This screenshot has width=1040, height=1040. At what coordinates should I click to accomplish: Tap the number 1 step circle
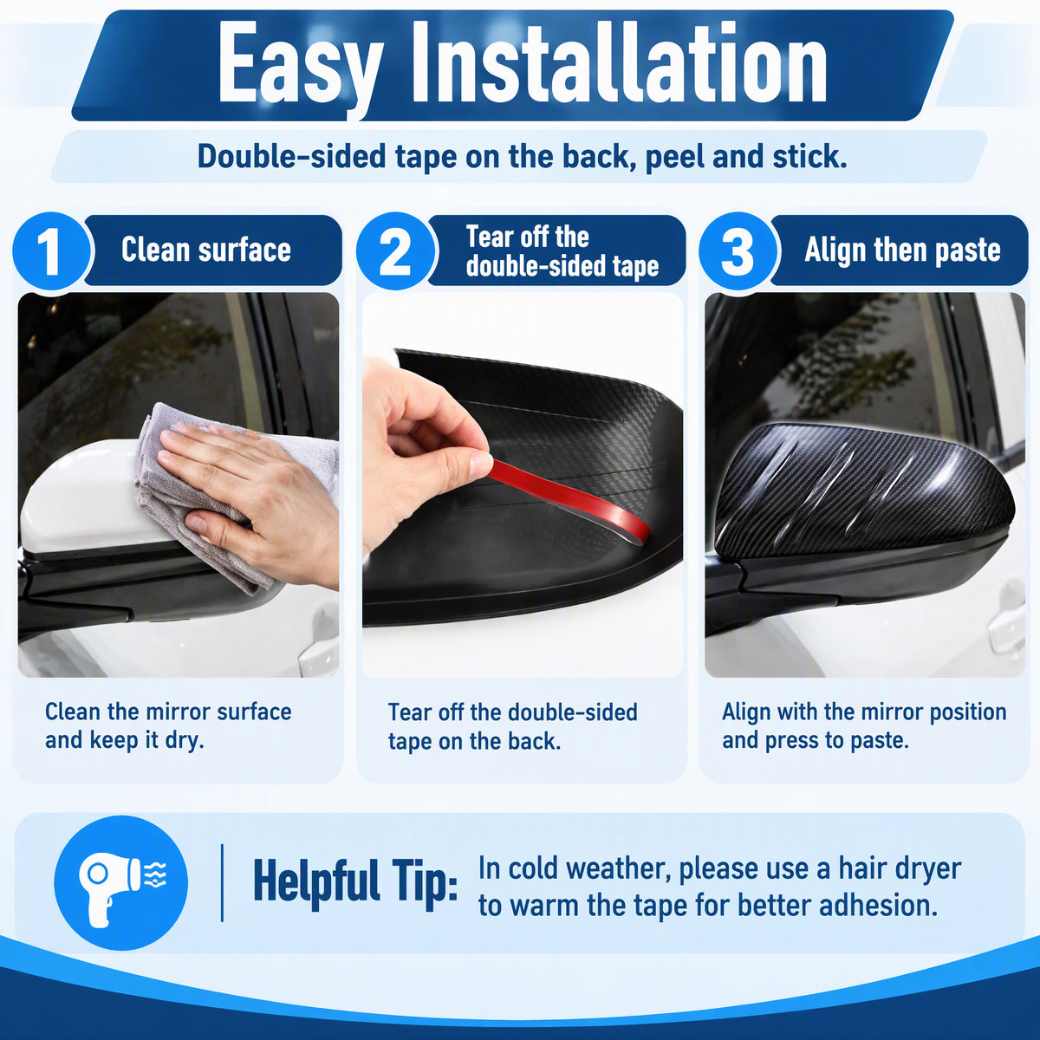coord(52,251)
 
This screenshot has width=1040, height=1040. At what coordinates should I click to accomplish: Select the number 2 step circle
coord(395,251)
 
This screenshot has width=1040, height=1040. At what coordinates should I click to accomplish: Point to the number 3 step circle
coord(738,251)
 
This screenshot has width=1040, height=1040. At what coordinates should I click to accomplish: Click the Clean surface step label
coord(206,250)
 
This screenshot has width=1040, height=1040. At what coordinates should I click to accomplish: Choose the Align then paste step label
coord(902,250)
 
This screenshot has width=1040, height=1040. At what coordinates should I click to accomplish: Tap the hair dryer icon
coord(120,883)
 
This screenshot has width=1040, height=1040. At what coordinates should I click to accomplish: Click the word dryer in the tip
coord(927,869)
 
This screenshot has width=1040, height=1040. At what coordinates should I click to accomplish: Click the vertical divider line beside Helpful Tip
coord(223,883)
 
